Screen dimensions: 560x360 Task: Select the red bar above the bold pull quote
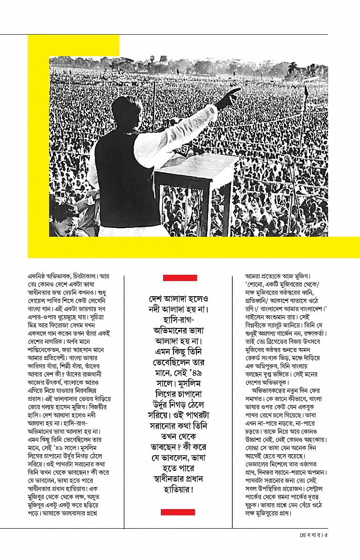180,278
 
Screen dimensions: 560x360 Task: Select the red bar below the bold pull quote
178,512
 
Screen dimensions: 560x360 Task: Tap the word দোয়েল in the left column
37,303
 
